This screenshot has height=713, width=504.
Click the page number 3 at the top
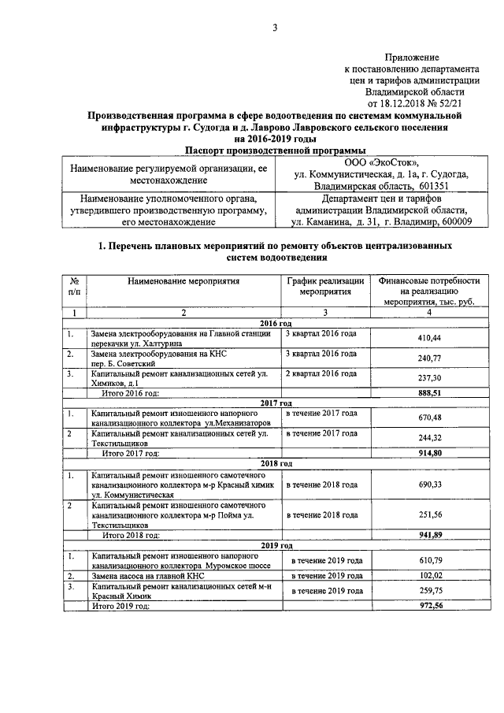tap(275, 29)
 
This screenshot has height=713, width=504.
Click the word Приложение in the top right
tap(411, 58)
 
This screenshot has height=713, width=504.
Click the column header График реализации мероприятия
tap(324, 286)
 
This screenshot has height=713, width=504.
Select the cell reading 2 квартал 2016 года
tap(321, 373)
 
